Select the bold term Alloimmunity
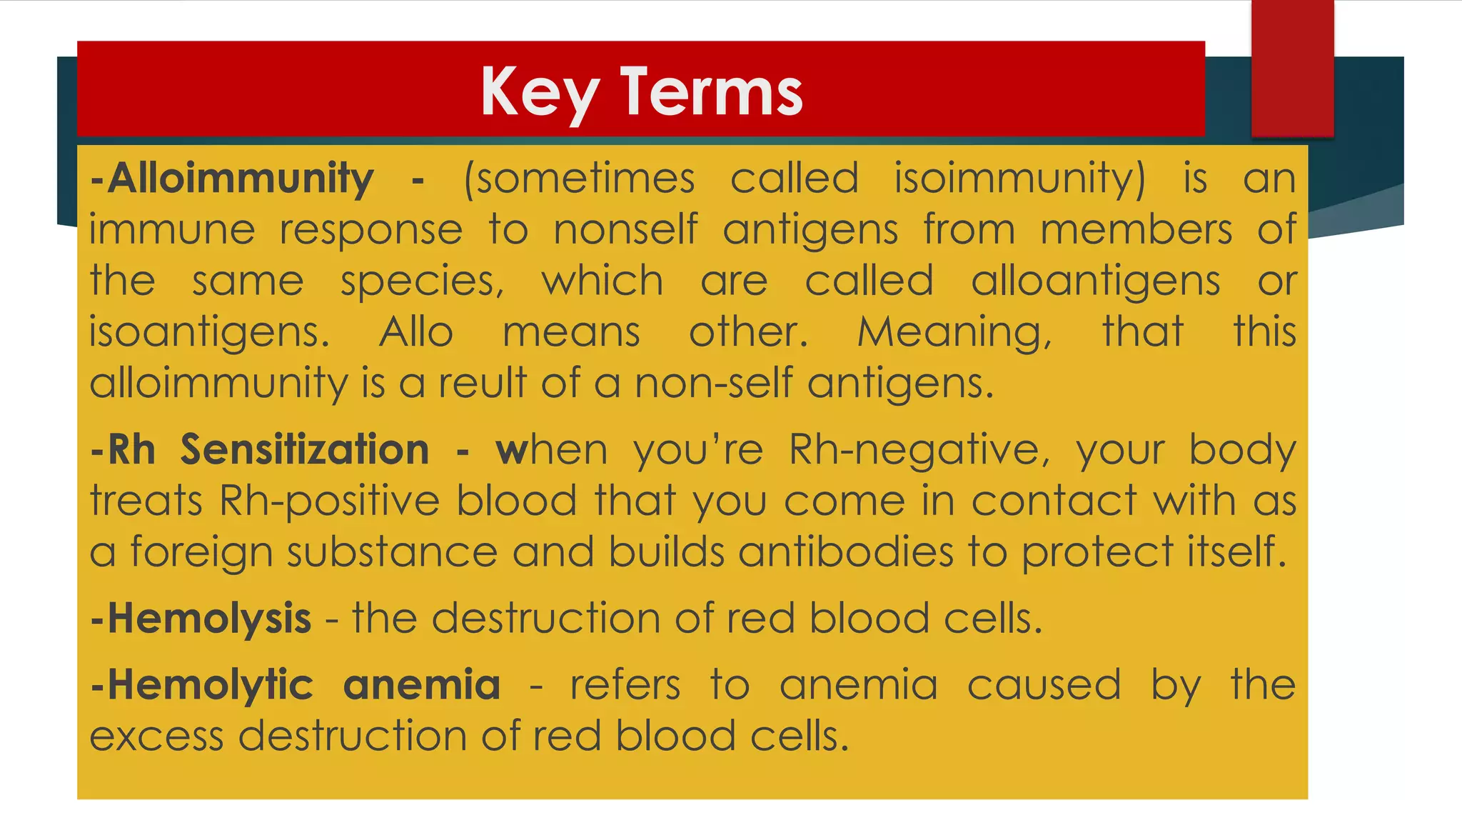coord(240,178)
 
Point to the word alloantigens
coord(1095,281)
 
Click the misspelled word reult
coord(482,384)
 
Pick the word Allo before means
coord(416,332)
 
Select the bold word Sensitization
coord(304,449)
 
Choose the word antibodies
coord(846,552)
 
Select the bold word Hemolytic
coord(210,684)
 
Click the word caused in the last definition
coord(1044,684)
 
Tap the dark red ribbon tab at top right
coord(1292,68)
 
